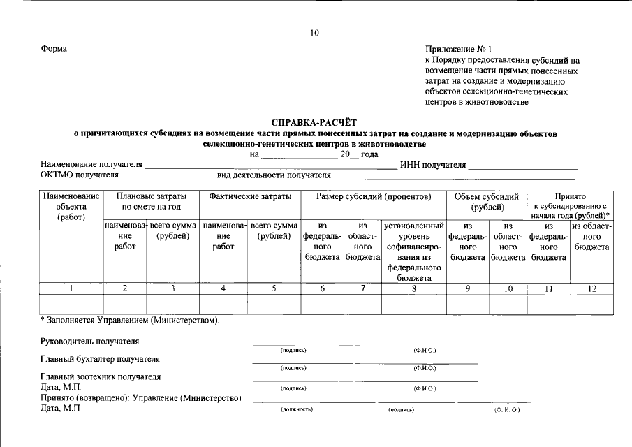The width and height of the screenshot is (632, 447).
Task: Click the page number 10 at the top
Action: click(x=314, y=33)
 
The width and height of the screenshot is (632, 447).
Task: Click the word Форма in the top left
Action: click(x=54, y=49)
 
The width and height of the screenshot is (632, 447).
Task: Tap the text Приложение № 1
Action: click(x=458, y=50)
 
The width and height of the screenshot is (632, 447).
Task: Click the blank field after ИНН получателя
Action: click(x=522, y=165)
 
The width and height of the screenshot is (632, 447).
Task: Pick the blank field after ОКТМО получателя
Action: click(x=168, y=175)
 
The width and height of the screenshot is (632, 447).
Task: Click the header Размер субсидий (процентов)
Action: click(x=373, y=197)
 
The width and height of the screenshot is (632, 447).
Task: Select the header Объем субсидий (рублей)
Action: click(x=486, y=202)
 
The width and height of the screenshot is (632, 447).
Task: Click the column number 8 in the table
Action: click(x=413, y=288)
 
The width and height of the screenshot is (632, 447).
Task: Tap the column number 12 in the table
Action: click(x=591, y=288)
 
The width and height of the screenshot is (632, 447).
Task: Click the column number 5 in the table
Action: click(x=274, y=288)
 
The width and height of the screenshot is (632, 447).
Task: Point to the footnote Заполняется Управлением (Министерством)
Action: click(x=130, y=321)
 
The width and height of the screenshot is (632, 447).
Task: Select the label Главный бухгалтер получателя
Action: click(x=101, y=359)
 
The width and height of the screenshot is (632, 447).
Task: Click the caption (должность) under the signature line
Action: click(x=293, y=411)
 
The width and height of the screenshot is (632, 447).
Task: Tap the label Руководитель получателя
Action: click(x=90, y=342)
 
